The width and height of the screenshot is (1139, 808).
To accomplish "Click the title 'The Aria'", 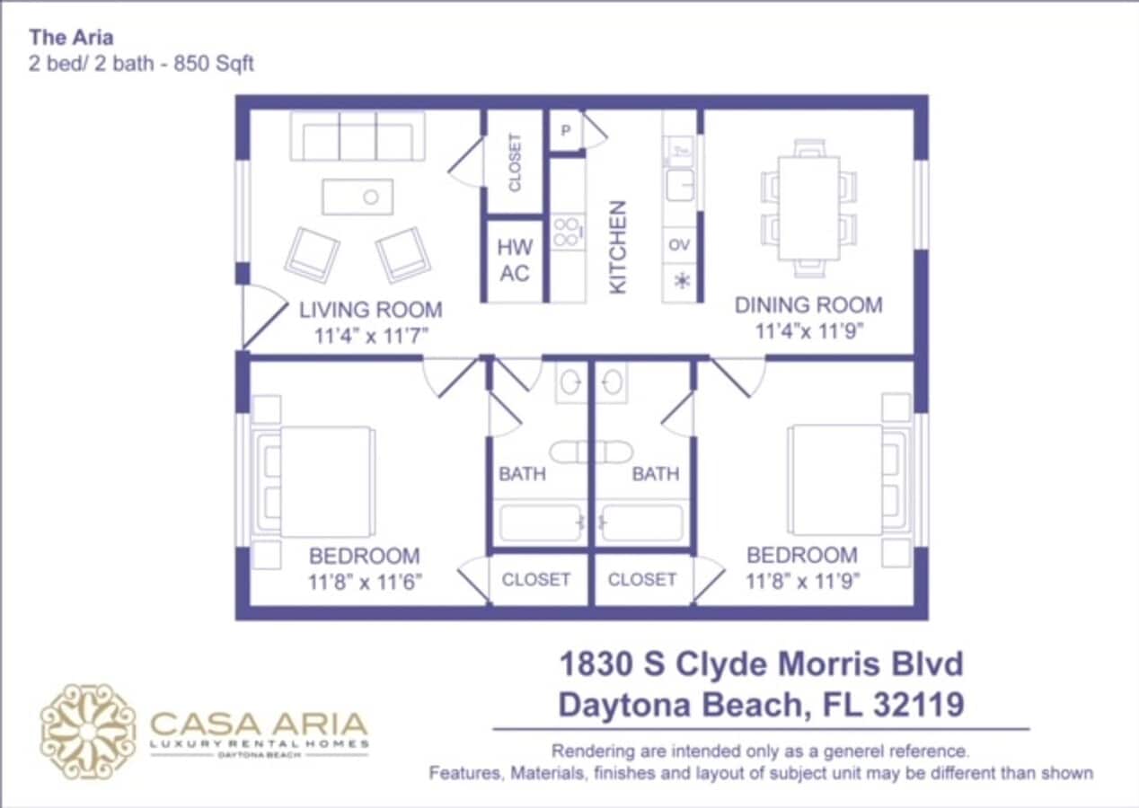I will pos(71,38).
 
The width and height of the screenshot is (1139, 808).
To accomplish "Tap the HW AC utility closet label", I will pos(515,260).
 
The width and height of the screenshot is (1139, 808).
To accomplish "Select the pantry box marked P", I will pos(566,131).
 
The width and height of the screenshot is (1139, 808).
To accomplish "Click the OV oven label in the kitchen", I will pos(679,244).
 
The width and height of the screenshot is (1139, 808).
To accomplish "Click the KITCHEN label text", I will pos(618,246).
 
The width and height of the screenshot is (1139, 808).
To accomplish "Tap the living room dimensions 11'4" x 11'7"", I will pos(370,337).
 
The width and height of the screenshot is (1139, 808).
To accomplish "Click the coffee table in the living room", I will pos(358,197).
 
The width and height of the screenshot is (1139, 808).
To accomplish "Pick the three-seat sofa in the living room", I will pos(358,136).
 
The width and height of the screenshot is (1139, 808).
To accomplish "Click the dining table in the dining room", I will pos(808,207).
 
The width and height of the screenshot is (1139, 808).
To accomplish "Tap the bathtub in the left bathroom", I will pos(539,523).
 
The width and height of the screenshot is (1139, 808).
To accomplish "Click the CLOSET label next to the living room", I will pos(515,162).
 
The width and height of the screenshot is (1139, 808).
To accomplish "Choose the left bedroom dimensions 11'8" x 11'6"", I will pos(365,582).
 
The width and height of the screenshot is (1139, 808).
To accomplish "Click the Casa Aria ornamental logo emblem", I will pos(88,731).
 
